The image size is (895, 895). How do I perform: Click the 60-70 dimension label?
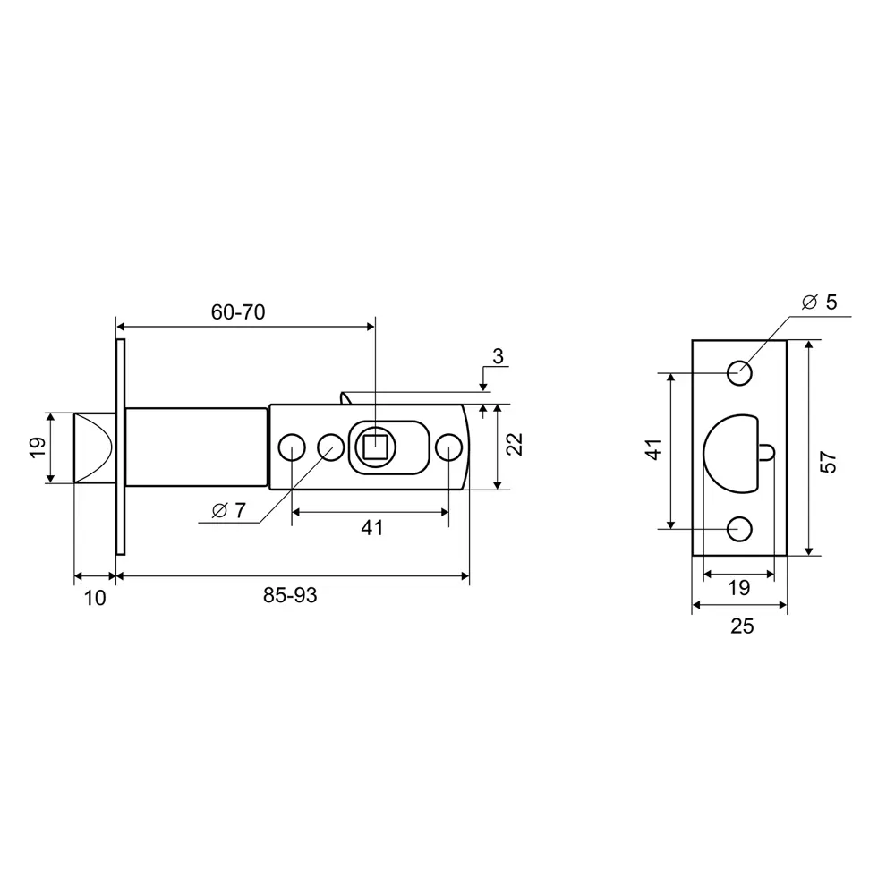coord(238,312)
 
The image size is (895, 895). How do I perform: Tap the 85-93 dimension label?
coord(290,596)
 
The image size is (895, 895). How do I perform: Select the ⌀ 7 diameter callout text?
coord(228,511)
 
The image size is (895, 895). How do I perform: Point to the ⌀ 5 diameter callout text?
coord(819,303)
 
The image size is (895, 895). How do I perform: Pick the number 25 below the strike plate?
coord(742,626)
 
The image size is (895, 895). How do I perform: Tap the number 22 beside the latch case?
coord(515,445)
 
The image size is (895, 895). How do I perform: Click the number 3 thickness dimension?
coord(498,357)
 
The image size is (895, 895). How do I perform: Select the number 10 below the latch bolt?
coord(95,598)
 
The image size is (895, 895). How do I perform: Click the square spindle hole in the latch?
coord(375,445)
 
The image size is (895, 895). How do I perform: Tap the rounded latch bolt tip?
coord(94,448)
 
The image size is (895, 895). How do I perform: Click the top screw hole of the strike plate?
coord(739,373)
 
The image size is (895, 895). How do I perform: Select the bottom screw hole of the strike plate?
coord(739,529)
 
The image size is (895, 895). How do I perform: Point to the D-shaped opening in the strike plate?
coord(729,452)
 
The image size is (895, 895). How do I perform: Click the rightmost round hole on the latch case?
coord(448,447)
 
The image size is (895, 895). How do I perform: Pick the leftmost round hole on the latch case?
coord(290,447)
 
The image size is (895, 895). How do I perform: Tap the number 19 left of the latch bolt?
coord(37,447)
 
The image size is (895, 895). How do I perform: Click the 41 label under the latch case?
coord(371,528)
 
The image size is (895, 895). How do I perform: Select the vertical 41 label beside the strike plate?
coord(654,449)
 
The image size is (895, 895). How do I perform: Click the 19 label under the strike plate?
coord(738,588)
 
